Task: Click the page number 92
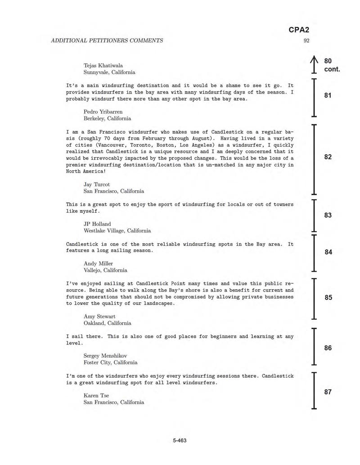coord(306,40)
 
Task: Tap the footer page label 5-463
coord(180,440)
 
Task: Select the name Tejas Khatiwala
coord(103,65)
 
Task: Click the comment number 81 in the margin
coord(328,95)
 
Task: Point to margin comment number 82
coord(328,157)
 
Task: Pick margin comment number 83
coord(328,215)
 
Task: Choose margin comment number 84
coord(328,252)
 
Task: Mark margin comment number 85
coord(328,297)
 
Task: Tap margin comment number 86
coord(328,348)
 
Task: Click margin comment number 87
coord(328,392)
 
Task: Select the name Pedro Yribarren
coord(103,111)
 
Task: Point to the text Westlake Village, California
coord(117,231)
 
